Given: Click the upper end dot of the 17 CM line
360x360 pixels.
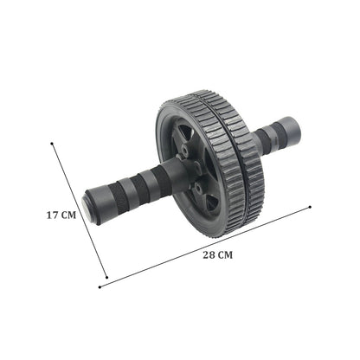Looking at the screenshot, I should [x=53, y=145].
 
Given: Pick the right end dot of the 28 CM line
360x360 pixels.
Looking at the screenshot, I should [x=309, y=207].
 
